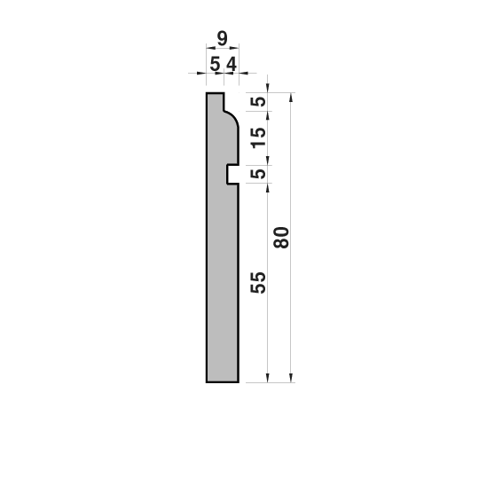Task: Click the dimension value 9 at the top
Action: [222, 38]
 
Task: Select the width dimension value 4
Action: [232, 65]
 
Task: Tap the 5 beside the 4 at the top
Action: [215, 65]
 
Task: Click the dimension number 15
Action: [258, 137]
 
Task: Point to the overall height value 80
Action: [281, 238]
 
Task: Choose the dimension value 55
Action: [258, 283]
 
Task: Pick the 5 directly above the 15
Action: [258, 101]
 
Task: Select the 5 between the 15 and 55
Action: [258, 174]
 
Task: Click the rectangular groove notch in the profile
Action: [232, 175]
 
